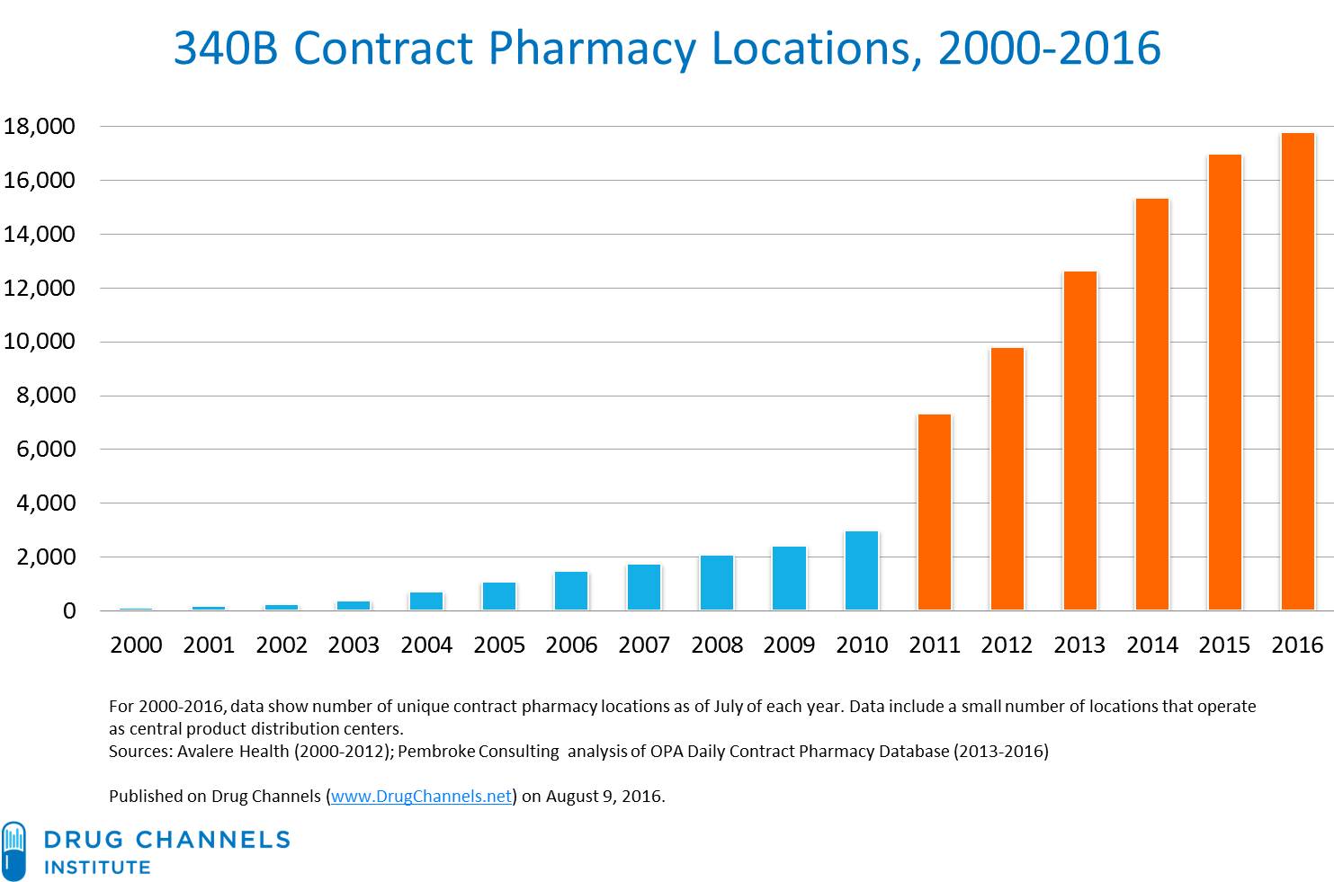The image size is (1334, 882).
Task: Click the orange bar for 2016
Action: (1297, 370)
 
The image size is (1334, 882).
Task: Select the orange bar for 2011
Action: (935, 512)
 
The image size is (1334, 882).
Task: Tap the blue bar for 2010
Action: (862, 570)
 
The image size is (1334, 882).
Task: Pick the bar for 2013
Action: (1079, 440)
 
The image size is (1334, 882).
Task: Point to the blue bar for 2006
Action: (571, 590)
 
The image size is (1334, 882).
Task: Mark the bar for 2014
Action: (1152, 404)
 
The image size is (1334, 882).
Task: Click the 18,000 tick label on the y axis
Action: (40, 127)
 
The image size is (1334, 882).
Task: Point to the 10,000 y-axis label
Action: (40, 342)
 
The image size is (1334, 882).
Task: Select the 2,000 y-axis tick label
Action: (46, 557)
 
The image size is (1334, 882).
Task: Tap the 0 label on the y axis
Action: (69, 611)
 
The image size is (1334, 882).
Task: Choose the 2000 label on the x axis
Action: (136, 645)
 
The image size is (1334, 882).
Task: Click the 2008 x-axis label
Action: (717, 645)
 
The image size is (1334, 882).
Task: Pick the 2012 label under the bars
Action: (1007, 645)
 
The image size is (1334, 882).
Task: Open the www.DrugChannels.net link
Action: (421, 797)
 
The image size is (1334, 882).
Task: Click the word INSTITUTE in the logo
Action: (97, 868)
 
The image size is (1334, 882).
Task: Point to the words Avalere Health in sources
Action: (233, 752)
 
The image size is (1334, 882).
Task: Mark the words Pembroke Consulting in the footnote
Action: (478, 752)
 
